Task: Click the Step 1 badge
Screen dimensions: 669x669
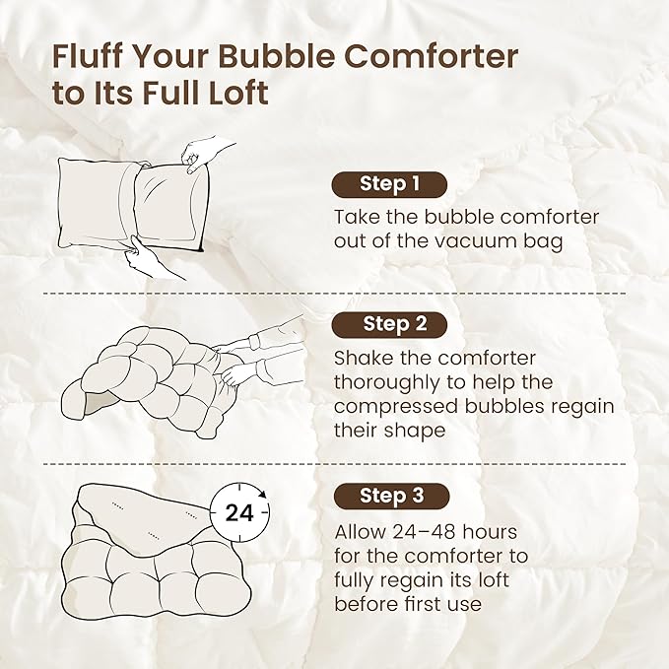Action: [x=389, y=184]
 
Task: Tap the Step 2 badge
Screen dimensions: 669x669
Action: [x=390, y=324]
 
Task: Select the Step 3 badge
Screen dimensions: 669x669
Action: [x=390, y=496]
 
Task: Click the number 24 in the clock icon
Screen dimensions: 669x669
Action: [x=238, y=513]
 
